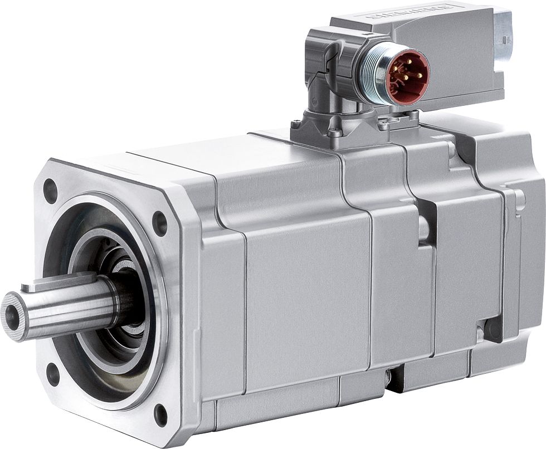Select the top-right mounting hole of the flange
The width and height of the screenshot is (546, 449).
point(159,223)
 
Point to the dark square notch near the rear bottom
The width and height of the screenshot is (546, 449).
point(493,328)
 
